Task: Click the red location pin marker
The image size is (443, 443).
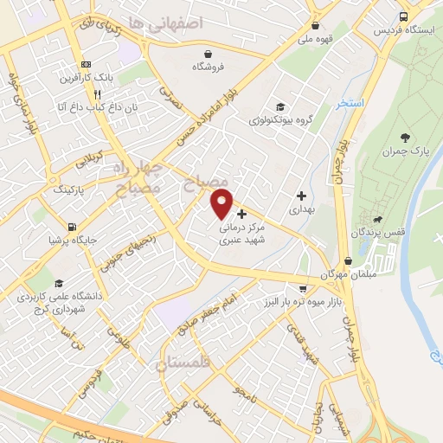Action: pyautogui.click(x=222, y=202)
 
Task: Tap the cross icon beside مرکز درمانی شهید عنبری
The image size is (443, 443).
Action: pyautogui.click(x=241, y=213)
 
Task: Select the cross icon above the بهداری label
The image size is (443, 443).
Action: pyautogui.click(x=301, y=196)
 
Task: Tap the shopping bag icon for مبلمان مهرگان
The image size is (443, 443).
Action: pyautogui.click(x=348, y=260)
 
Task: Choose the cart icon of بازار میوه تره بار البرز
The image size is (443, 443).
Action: pyautogui.click(x=301, y=288)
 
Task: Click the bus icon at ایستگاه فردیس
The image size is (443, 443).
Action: pyautogui.click(x=404, y=16)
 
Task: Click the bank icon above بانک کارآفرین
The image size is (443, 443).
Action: pyautogui.click(x=85, y=64)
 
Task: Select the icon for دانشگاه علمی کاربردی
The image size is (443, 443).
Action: pyautogui.click(x=58, y=284)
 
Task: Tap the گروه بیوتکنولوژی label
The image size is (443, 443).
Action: pyautogui.click(x=279, y=120)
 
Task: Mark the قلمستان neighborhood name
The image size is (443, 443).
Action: pyautogui.click(x=183, y=363)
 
